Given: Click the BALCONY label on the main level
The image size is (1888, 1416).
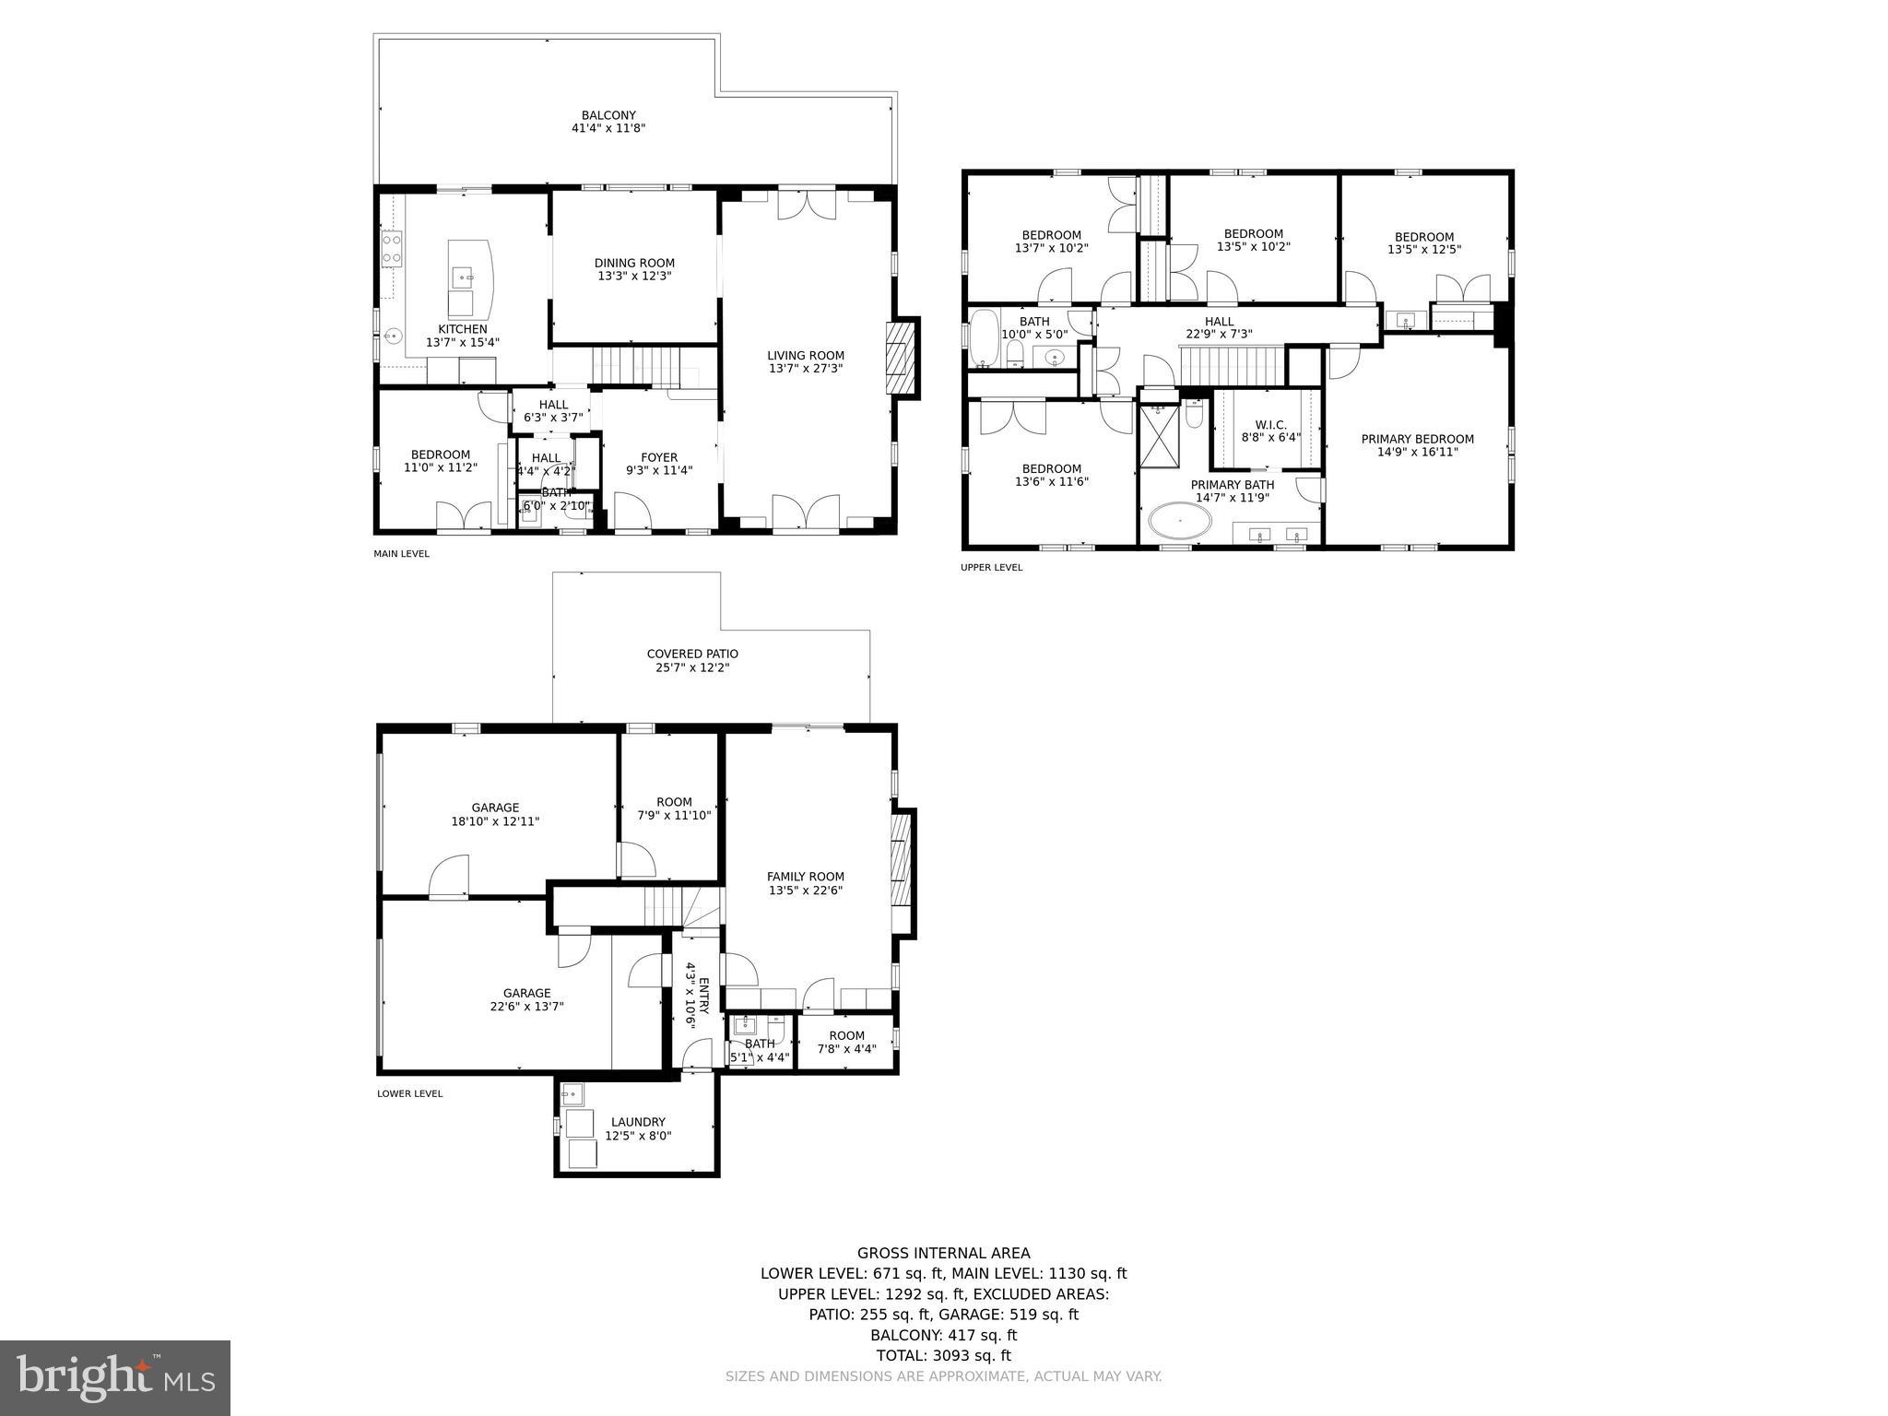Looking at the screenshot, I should (608, 116).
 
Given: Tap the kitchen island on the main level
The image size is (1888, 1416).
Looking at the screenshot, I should (471, 277).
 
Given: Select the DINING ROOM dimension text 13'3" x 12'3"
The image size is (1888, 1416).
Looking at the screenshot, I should (634, 276).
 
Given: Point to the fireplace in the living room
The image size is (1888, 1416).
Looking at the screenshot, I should (901, 358).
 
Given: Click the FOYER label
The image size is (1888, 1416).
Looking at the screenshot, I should (659, 457).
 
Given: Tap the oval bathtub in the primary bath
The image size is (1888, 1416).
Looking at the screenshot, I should (1179, 522).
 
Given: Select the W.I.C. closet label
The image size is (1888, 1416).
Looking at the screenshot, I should (1270, 425).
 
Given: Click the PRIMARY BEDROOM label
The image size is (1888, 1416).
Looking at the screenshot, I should (1417, 439).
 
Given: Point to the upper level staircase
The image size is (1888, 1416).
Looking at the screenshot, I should (1232, 365).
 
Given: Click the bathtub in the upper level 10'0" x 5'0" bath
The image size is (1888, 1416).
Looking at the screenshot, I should (985, 339).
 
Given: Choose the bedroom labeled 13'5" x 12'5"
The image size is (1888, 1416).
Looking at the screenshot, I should (1423, 242).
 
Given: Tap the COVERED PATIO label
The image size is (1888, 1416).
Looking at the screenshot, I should (692, 654).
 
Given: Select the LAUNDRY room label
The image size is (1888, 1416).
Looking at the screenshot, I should (638, 1122).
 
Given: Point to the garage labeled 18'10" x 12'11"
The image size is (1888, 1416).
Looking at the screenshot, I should (495, 814).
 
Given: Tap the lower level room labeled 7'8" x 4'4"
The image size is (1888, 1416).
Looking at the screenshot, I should (846, 1042).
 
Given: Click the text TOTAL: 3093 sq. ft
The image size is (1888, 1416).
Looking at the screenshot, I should (943, 1355).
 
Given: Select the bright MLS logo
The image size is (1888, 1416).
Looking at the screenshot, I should (115, 1377).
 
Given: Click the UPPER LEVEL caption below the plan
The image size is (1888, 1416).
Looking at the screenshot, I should (991, 567).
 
